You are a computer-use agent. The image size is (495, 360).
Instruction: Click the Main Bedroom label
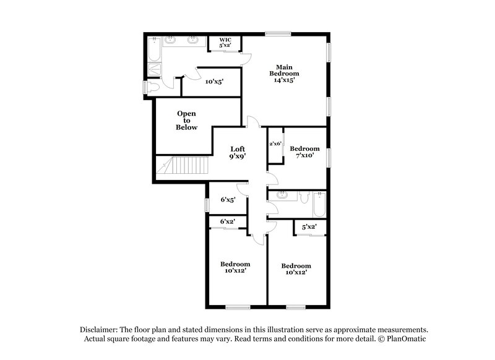(x=284, y=73)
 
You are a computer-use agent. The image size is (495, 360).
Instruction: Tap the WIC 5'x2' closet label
(x=224, y=43)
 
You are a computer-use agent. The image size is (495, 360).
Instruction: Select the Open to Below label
(x=186, y=121)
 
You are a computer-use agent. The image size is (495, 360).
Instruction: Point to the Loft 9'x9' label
(x=238, y=153)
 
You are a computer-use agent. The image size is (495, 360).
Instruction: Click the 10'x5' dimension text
(x=213, y=81)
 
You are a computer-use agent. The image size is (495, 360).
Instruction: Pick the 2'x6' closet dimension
(x=275, y=144)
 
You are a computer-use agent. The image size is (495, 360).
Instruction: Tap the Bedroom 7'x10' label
(x=304, y=152)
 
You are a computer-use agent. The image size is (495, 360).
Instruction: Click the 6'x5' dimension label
(x=227, y=200)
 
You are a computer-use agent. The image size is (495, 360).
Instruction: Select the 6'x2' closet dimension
(x=227, y=221)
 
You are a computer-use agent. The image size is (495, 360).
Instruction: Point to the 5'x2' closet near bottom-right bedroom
(x=308, y=227)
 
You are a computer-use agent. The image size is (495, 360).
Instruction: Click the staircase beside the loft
(x=178, y=167)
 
